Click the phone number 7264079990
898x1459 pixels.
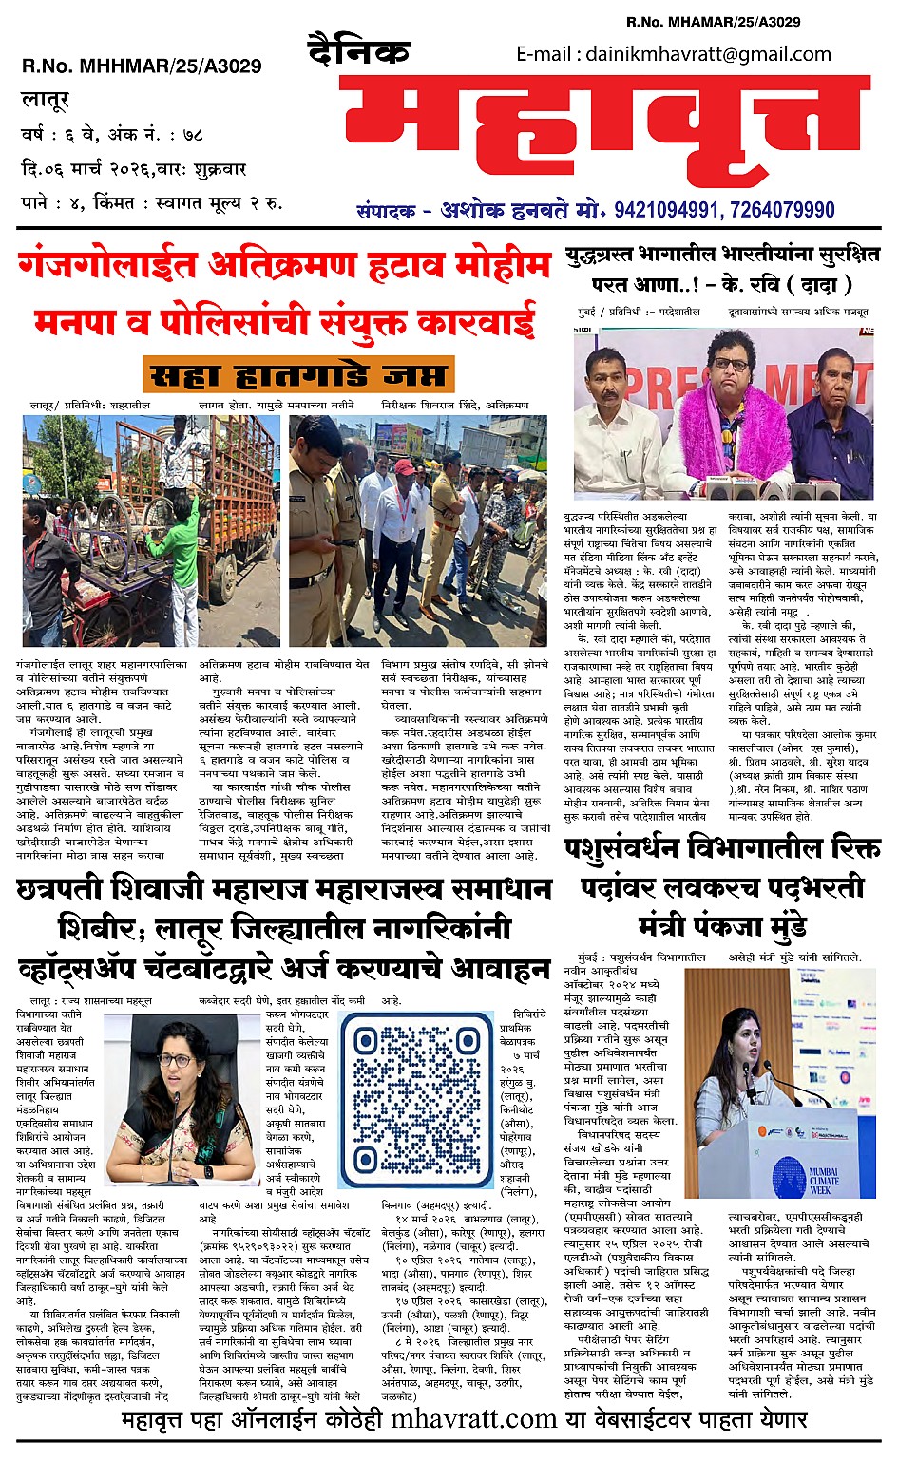780,210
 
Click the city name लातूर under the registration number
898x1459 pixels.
45,98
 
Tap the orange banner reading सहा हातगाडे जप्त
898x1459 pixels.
298,376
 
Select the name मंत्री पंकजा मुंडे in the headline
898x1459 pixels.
722,923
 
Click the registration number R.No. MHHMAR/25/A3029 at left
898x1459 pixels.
142,66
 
